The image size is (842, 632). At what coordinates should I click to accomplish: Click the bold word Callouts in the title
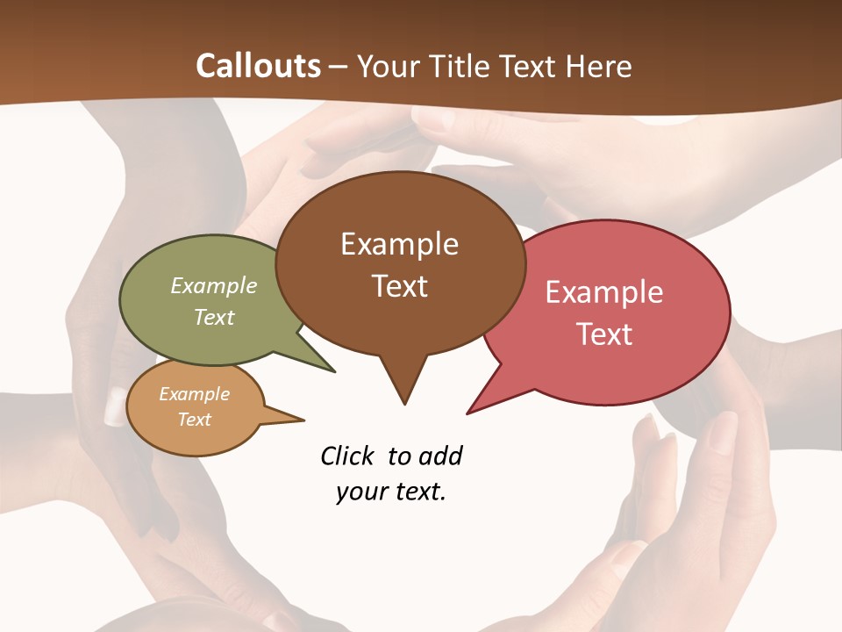(x=258, y=66)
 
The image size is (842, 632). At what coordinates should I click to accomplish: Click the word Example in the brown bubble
(x=399, y=244)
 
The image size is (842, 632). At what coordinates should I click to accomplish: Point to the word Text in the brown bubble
(x=399, y=286)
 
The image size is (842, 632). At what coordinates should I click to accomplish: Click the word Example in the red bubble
(x=604, y=292)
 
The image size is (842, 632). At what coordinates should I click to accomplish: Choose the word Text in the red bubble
(x=604, y=334)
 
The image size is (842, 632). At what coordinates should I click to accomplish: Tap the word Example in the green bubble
(x=214, y=286)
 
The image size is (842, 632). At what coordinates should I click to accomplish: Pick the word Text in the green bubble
(x=214, y=317)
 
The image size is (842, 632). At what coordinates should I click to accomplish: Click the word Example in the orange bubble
(x=194, y=394)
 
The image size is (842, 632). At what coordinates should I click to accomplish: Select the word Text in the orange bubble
(x=194, y=420)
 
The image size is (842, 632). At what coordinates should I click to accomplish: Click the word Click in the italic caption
(x=348, y=456)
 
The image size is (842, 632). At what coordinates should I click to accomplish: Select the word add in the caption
(x=440, y=456)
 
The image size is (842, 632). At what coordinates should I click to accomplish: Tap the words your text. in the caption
(x=391, y=492)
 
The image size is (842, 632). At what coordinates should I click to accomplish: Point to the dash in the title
(x=339, y=67)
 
